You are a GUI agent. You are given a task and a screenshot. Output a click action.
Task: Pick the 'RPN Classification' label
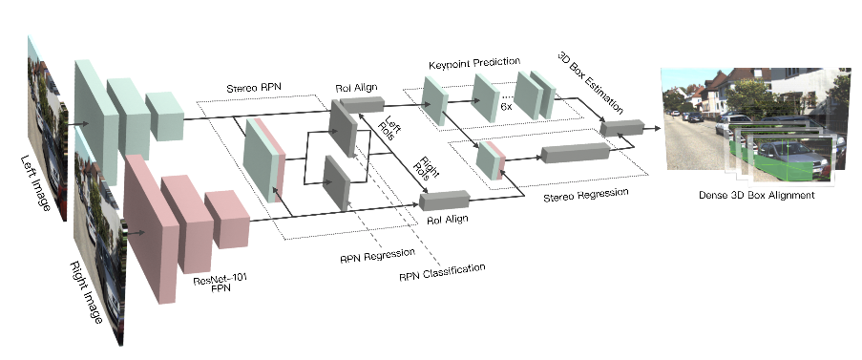pyautogui.click(x=440, y=274)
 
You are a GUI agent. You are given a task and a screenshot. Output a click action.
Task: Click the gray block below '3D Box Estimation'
pyautogui.click(x=621, y=127)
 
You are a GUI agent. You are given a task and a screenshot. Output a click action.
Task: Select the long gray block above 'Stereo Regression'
pyautogui.click(x=575, y=152)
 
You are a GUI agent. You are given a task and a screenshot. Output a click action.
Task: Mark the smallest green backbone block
pyautogui.click(x=163, y=116)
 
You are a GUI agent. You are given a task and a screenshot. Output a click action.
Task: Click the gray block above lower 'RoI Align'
pyautogui.click(x=444, y=200)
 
